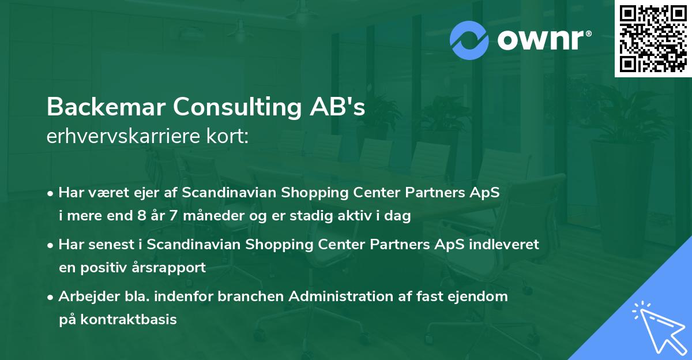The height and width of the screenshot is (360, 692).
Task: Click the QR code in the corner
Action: pyautogui.click(x=653, y=38)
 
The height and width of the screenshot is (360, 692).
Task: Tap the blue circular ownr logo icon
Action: pyautogui.click(x=469, y=40)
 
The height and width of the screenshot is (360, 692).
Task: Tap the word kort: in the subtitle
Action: pyautogui.click(x=231, y=136)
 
